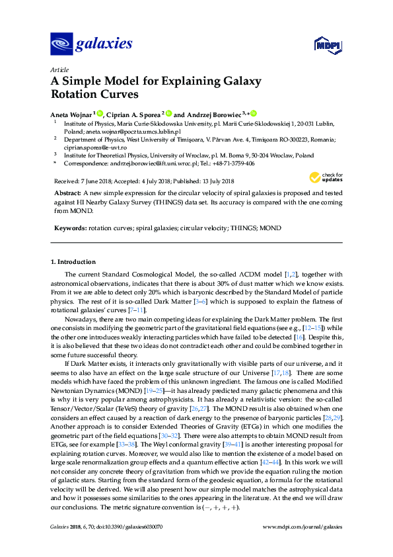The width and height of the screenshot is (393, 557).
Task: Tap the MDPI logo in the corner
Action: click(327, 46)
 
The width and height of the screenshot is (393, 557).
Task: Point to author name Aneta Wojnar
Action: click(71, 114)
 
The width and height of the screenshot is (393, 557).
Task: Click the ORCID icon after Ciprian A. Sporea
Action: click(168, 114)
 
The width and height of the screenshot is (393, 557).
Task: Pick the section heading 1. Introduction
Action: click(73, 262)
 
